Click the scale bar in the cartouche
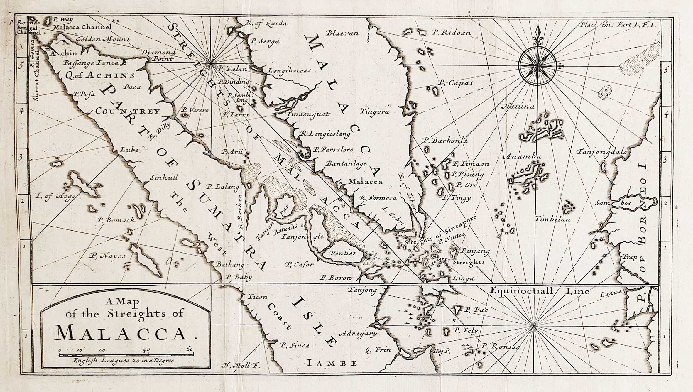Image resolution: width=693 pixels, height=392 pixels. (x=126, y=355)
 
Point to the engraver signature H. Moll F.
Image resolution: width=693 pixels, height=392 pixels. (x=241, y=366)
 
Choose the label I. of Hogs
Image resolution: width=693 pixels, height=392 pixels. (x=55, y=196)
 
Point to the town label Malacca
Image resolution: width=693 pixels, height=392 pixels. (x=365, y=182)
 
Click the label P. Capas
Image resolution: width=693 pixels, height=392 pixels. (x=455, y=83)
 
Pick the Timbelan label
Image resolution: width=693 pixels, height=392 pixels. (x=552, y=219)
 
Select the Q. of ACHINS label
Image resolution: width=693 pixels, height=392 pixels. (x=99, y=75)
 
